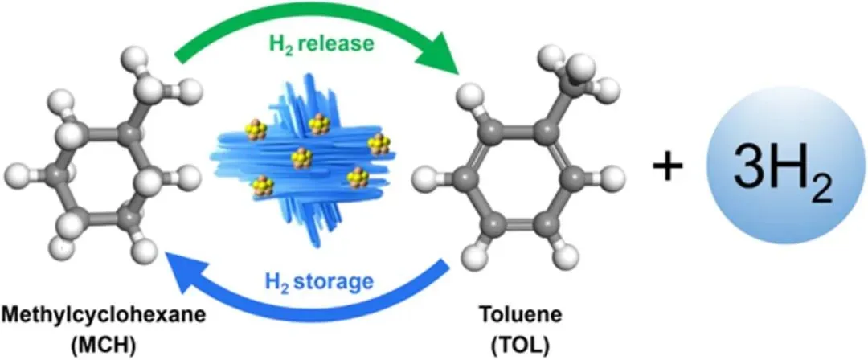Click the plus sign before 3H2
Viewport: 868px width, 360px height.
(x=666, y=170)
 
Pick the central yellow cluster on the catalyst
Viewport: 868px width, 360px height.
(x=302, y=156)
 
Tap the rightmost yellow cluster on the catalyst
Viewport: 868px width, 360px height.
(x=378, y=145)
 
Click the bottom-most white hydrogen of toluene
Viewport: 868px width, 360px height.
(x=568, y=258)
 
